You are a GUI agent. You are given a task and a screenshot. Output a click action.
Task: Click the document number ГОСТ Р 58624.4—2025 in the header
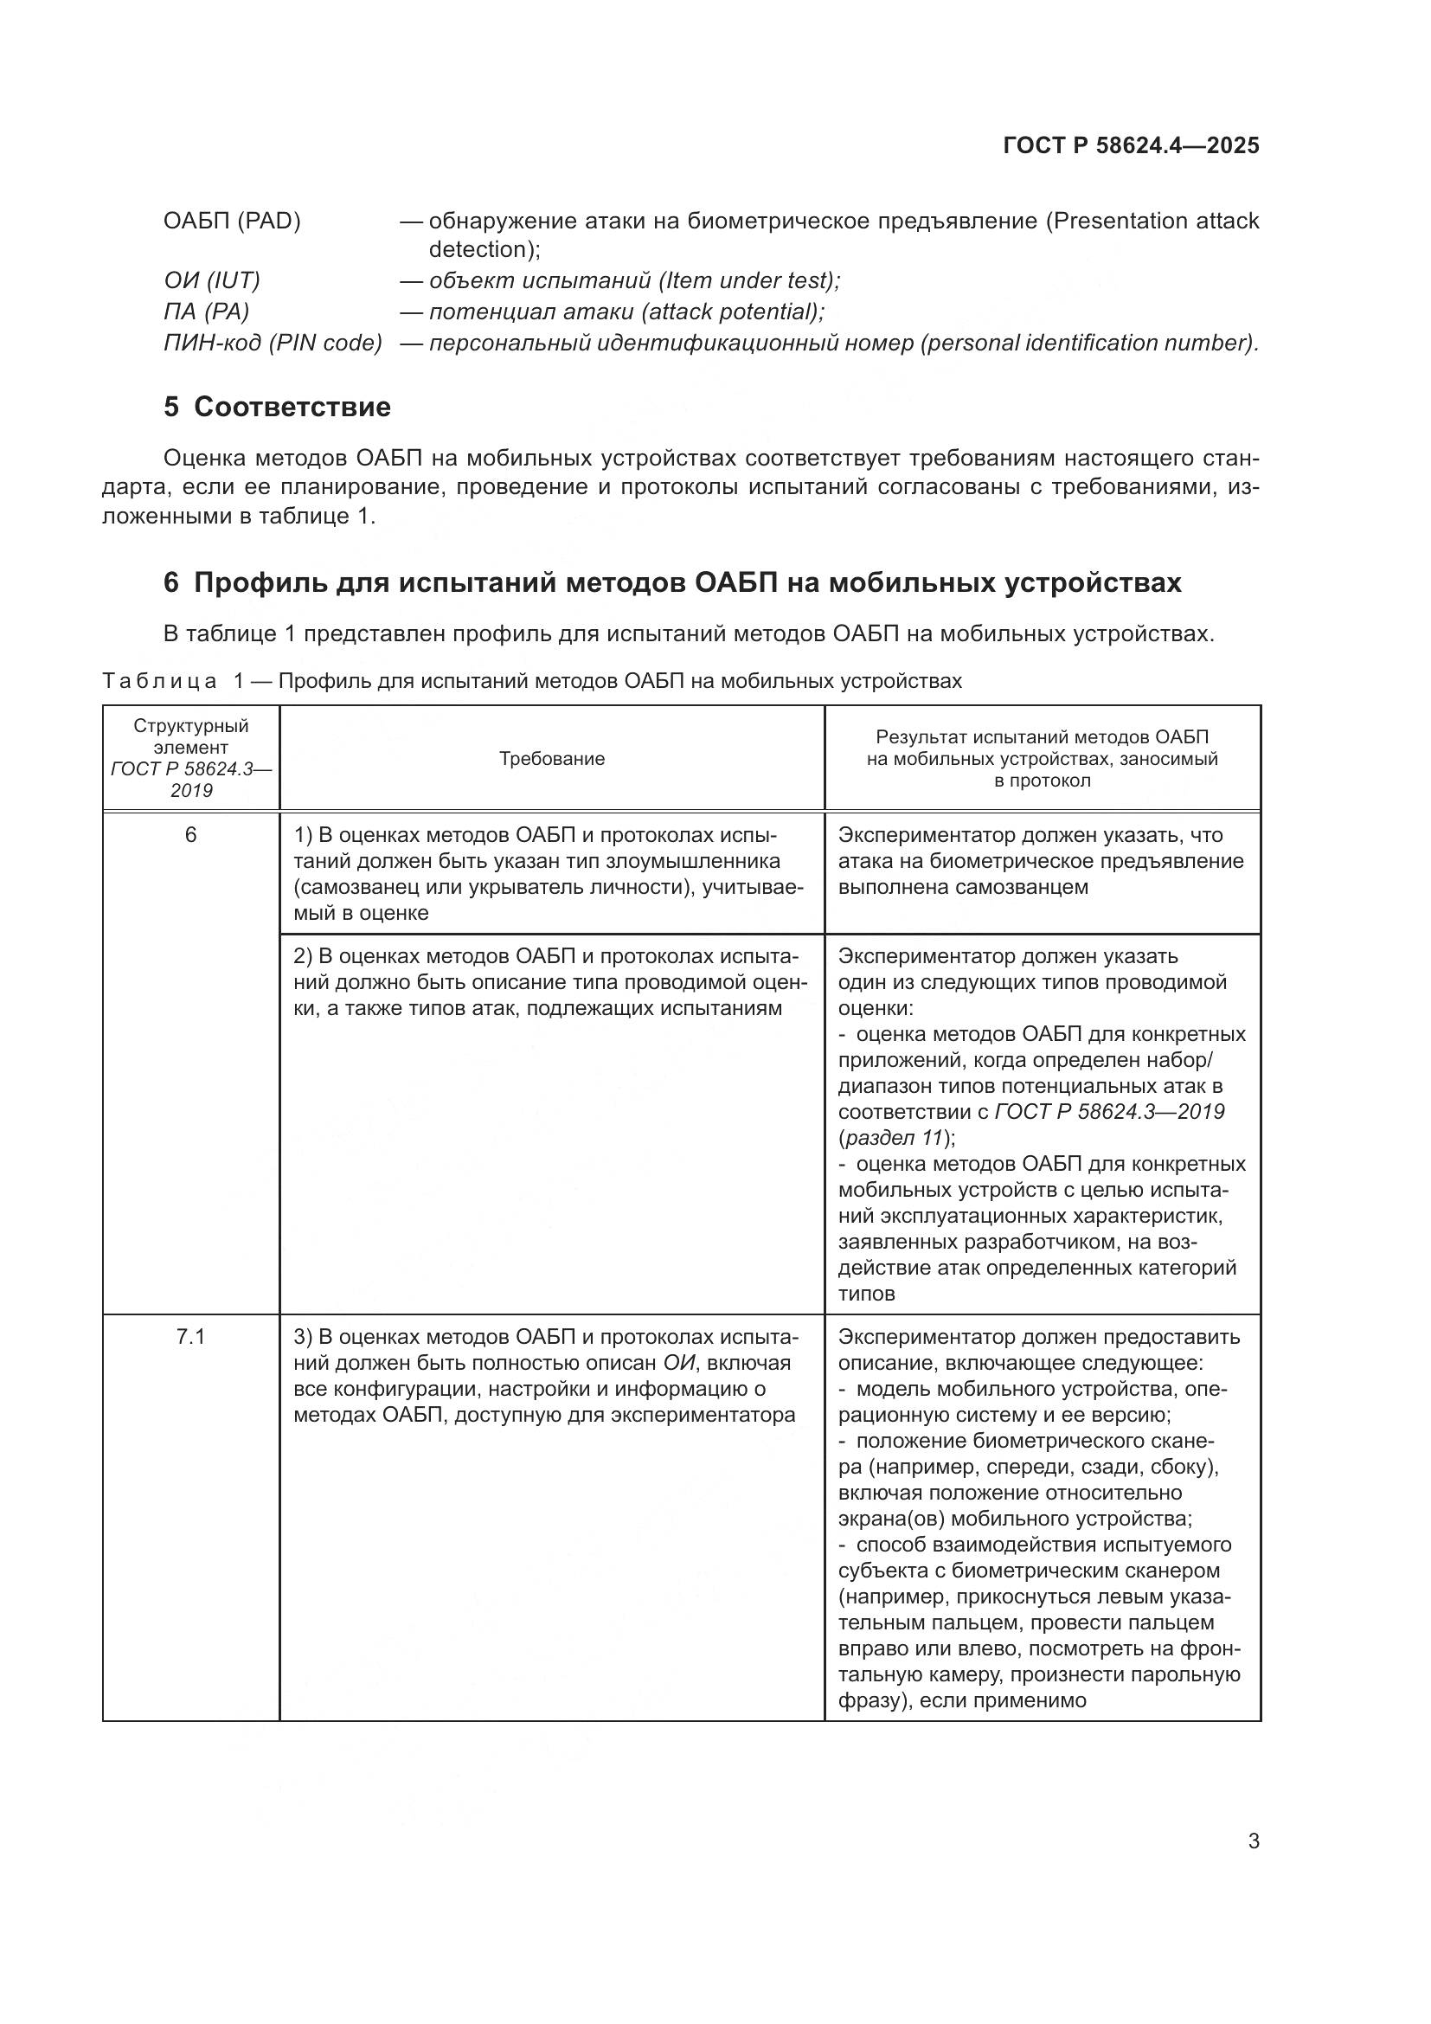tap(1131, 145)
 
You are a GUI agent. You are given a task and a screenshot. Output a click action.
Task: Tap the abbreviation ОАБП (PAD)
tap(232, 221)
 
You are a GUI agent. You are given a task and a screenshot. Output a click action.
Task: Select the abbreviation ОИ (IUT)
tap(211, 280)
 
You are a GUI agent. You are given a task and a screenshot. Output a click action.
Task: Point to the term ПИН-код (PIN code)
tap(273, 342)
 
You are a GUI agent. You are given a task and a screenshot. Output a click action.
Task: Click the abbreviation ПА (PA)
tap(206, 312)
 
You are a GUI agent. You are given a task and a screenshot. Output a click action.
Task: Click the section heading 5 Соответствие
tap(277, 407)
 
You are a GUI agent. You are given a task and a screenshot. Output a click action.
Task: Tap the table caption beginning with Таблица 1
tap(531, 680)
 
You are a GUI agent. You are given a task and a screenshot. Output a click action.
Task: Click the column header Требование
tap(552, 758)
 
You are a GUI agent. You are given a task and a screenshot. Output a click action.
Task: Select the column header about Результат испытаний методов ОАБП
tap(1042, 758)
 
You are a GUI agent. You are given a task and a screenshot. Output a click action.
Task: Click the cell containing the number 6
tap(190, 834)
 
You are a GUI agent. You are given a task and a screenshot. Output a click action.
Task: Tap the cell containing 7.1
tap(190, 1336)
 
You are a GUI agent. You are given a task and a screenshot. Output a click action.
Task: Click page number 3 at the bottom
tap(1253, 1841)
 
